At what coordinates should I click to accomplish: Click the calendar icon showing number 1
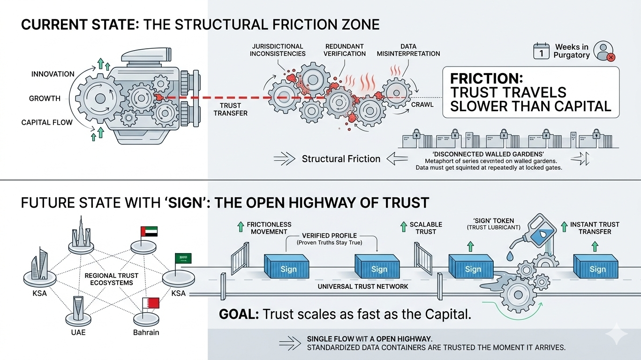[541, 51]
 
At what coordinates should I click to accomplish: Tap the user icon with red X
[603, 51]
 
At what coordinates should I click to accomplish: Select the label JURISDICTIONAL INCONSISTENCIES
[278, 50]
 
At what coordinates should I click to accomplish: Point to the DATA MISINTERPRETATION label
[408, 50]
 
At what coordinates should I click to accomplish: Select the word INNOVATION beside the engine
[53, 74]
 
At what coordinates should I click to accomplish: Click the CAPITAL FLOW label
[47, 122]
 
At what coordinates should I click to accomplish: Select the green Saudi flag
[183, 258]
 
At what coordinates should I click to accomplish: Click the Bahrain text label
[146, 332]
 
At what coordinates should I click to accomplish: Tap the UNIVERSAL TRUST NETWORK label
[363, 286]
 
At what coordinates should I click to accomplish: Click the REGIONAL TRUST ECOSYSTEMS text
[109, 279]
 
